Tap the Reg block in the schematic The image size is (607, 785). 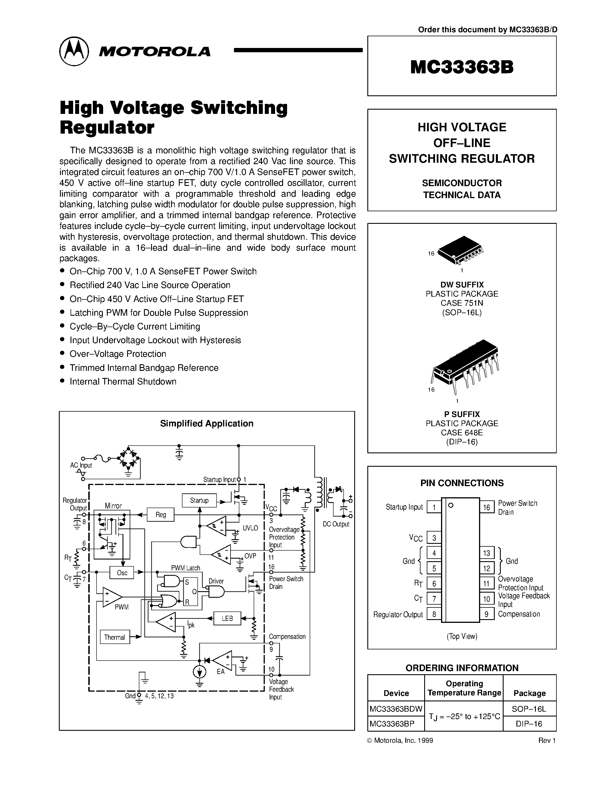[x=161, y=515]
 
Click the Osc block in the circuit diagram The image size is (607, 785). [x=122, y=573]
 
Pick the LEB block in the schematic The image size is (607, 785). [x=227, y=618]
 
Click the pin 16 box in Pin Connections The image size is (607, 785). [x=486, y=508]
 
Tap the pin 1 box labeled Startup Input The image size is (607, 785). [x=434, y=508]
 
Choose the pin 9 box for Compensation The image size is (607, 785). [x=486, y=614]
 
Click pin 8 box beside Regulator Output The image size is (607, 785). [x=434, y=614]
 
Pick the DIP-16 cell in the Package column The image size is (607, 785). [x=529, y=724]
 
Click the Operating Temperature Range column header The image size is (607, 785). [x=464, y=688]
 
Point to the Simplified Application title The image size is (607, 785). [x=207, y=423]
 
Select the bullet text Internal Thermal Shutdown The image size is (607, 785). [x=123, y=381]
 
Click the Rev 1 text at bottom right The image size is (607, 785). [x=547, y=740]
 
